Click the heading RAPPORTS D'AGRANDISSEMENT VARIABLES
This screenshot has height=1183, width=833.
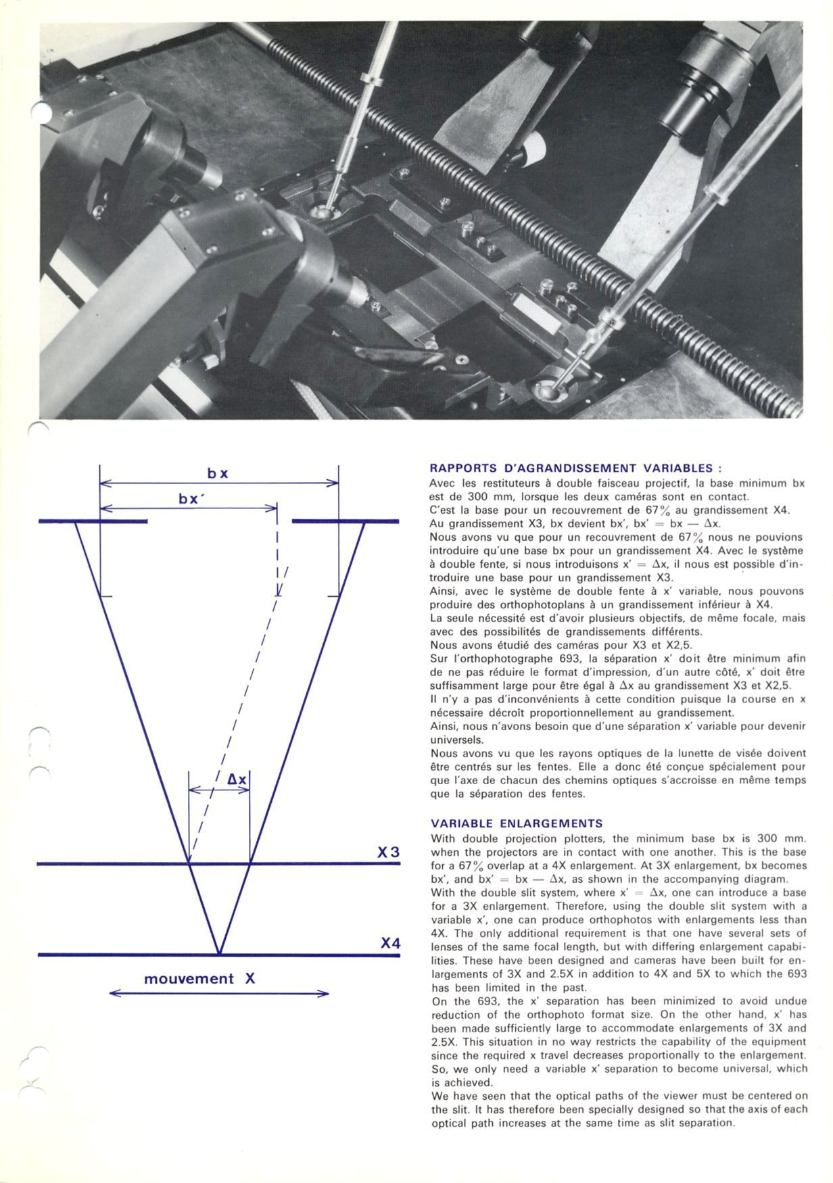tap(576, 468)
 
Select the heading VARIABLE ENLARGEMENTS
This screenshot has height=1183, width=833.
tap(517, 823)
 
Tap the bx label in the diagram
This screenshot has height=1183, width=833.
tap(218, 473)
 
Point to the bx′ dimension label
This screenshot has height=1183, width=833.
tap(192, 499)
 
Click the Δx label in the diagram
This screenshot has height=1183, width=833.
tap(237, 779)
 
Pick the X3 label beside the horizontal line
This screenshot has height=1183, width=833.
tap(389, 852)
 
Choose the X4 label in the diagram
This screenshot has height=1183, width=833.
tap(390, 942)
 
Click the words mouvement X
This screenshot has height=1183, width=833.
tap(199, 979)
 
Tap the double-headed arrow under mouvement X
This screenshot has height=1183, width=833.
tap(218, 993)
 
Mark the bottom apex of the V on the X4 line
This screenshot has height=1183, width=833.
tap(219, 954)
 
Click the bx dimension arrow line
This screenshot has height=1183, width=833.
tap(218, 483)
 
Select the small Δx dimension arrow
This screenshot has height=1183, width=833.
tap(219, 790)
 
